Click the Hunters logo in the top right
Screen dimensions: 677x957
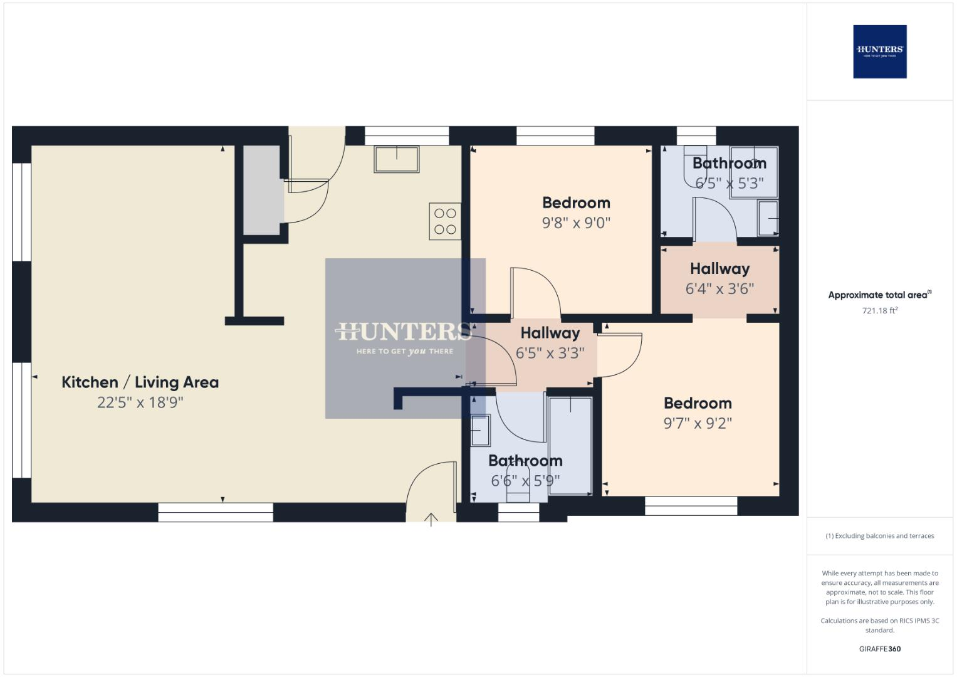(879, 51)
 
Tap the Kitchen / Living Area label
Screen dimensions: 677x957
(140, 382)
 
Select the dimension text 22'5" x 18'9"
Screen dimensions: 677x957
(140, 402)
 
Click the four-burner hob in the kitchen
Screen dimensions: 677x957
(445, 221)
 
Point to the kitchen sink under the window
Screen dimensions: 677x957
(396, 159)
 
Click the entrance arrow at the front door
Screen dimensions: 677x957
(431, 519)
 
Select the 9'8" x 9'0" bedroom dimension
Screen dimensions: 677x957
(576, 223)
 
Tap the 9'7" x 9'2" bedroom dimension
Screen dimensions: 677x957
(698, 424)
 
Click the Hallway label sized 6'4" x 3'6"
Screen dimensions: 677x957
(719, 269)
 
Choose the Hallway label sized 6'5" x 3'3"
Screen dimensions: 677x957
(550, 333)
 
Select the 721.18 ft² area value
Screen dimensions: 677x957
(879, 311)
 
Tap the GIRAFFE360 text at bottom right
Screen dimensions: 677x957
(879, 649)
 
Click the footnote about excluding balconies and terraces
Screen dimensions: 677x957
(879, 536)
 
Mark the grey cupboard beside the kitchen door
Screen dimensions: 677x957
(261, 190)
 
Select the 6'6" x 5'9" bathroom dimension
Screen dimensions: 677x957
(525, 481)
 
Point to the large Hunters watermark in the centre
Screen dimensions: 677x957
(405, 338)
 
